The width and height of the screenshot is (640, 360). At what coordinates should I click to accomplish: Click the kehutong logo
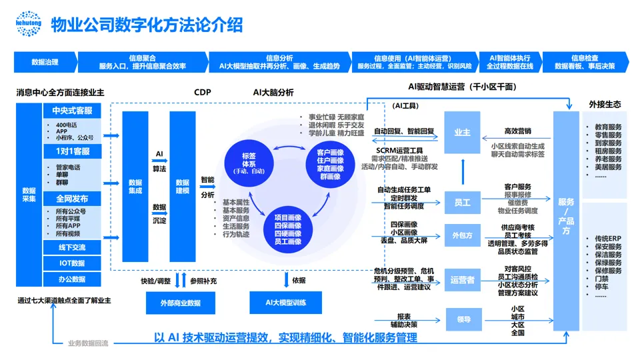pos(28,24)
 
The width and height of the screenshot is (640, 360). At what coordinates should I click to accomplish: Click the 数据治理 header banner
pos(45,62)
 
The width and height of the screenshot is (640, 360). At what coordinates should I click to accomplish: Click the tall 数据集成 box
pos(135,186)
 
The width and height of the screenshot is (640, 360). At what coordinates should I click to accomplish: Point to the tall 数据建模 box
pos(182,186)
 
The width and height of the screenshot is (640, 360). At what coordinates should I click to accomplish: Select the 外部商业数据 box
pos(180,303)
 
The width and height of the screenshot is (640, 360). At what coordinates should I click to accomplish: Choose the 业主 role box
pos(462,133)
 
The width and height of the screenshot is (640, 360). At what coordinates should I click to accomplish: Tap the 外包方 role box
pos(462,235)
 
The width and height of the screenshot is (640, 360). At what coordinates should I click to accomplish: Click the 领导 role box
pos(462,319)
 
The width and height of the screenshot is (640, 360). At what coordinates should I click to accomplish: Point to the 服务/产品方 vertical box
pos(566,216)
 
